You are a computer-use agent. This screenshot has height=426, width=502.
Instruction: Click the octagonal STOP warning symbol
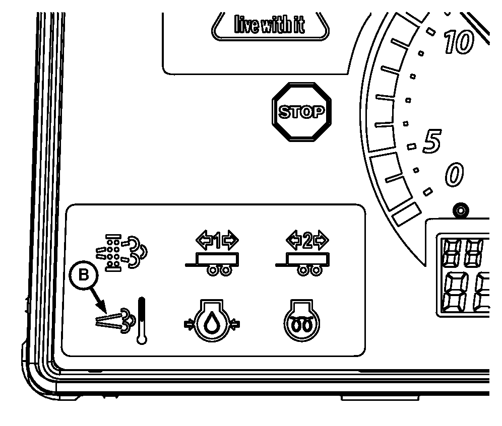pyautogui.click(x=302, y=112)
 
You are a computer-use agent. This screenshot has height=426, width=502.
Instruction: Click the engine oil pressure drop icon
pyautogui.click(x=212, y=324)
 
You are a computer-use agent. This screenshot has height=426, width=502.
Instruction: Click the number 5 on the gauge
pyautogui.click(x=431, y=141)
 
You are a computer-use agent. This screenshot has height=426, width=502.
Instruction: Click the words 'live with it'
pyautogui.click(x=269, y=24)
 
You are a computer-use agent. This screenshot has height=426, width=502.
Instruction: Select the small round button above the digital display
pyautogui.click(x=459, y=210)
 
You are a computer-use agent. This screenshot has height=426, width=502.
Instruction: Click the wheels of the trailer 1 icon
pyautogui.click(x=220, y=271)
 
